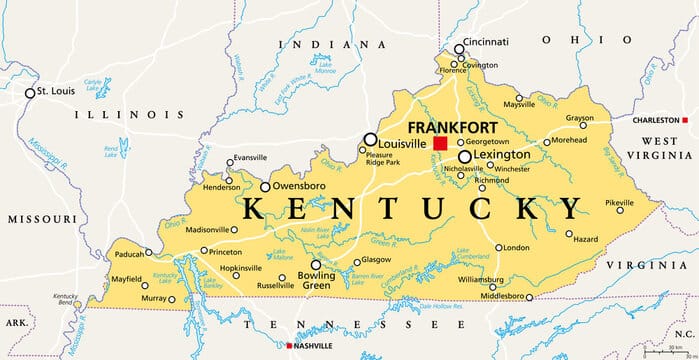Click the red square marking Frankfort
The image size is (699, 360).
[x=440, y=144]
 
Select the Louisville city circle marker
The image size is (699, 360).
[x=370, y=140]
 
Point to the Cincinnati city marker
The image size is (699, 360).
[x=459, y=49]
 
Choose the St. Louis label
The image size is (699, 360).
[x=57, y=92]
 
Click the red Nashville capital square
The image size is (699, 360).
[x=290, y=346]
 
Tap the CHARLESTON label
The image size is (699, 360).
[x=659, y=120]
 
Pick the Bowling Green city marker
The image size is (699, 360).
[x=317, y=265]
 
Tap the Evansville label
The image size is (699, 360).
[x=247, y=158]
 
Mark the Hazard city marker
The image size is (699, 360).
[x=569, y=235]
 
